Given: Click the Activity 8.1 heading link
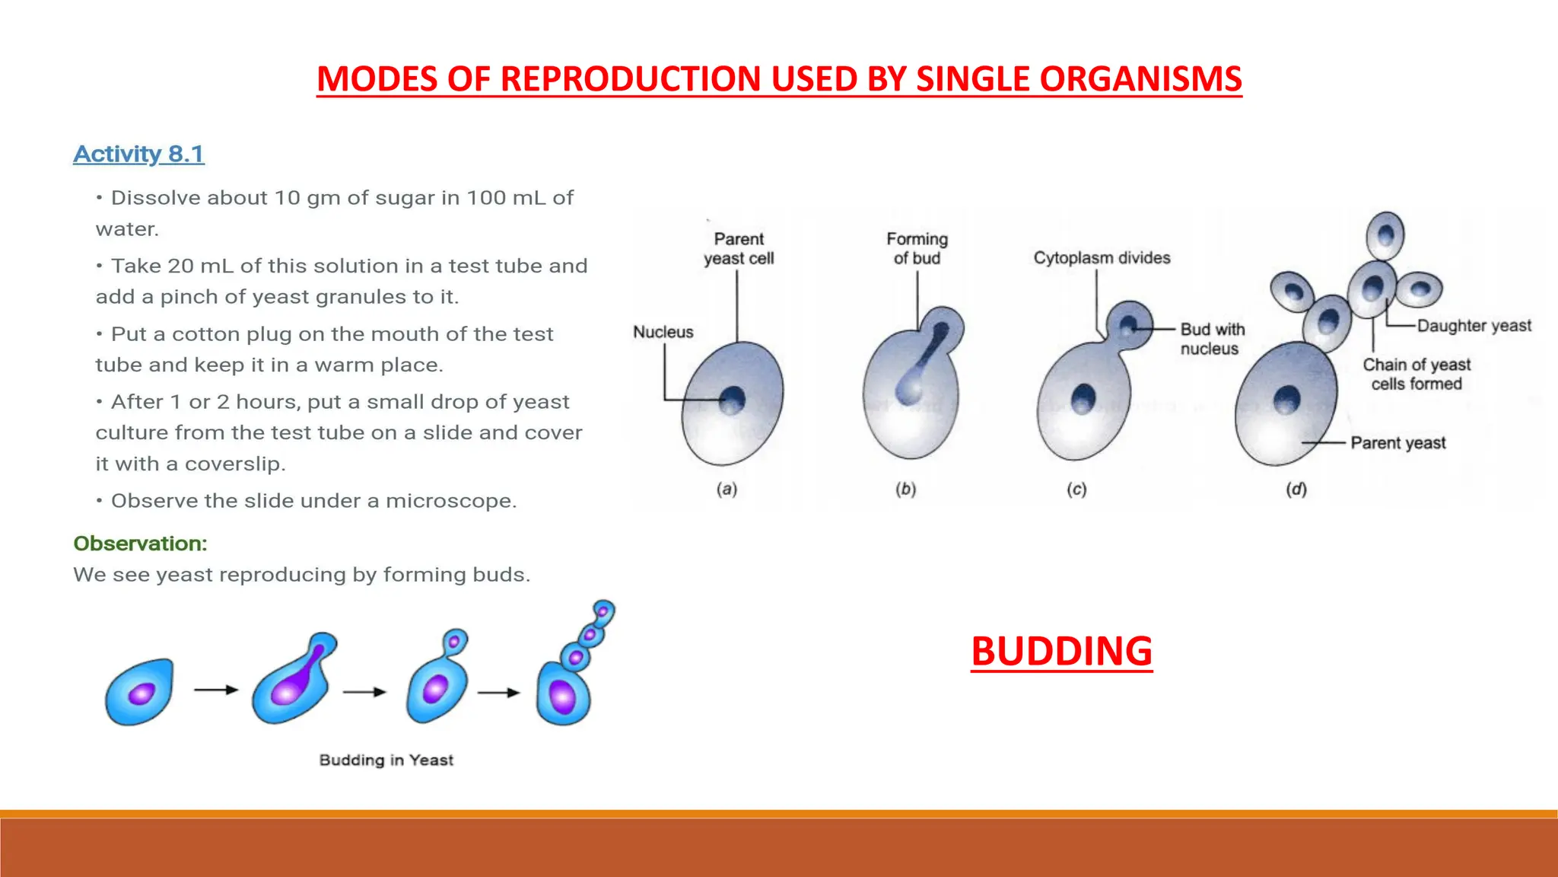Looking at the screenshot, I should (x=138, y=154).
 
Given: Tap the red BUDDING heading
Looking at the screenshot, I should (x=1061, y=652).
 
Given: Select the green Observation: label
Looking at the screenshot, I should (x=140, y=544).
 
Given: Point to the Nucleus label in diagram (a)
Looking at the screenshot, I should (x=663, y=332).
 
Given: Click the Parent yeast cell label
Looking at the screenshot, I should (x=738, y=249).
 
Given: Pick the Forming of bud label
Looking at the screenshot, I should (x=917, y=249).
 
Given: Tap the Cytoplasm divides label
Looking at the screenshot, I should (x=1101, y=258).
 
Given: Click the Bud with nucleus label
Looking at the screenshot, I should (x=1212, y=339).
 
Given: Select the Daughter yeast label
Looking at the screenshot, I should (x=1474, y=326).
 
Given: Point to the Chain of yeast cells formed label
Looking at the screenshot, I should (x=1416, y=374).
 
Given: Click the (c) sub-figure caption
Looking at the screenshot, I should (x=1076, y=489).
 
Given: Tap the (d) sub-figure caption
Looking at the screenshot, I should (x=1296, y=489).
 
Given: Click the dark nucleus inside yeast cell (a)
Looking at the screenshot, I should (x=732, y=398).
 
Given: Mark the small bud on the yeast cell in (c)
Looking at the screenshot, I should (x=1129, y=325).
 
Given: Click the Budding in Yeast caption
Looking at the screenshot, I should (x=386, y=760).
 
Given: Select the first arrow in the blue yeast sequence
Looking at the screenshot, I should (x=216, y=690).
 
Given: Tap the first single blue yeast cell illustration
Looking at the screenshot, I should (x=140, y=691).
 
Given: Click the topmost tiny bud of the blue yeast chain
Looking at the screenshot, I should (x=603, y=611).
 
